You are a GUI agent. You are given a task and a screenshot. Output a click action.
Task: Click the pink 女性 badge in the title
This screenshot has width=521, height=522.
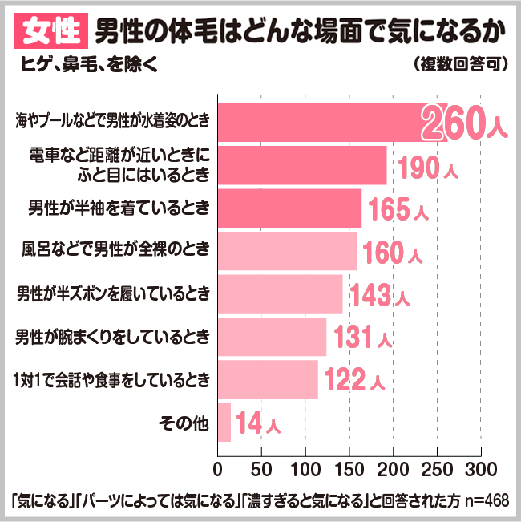pos(48,32)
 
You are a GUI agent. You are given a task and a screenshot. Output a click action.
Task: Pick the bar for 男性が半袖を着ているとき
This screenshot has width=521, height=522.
pos(289,208)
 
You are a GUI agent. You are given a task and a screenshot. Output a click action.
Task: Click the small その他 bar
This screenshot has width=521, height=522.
pos(224,423)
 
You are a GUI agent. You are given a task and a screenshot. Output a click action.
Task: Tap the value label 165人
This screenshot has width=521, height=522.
pos(398,211)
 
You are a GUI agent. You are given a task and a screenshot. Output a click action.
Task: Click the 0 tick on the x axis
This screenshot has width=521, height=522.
pos(218,468)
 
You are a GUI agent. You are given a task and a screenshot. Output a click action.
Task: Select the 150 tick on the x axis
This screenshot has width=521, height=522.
pos(349,468)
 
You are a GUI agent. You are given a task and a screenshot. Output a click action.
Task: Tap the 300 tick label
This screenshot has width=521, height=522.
pos(480,468)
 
